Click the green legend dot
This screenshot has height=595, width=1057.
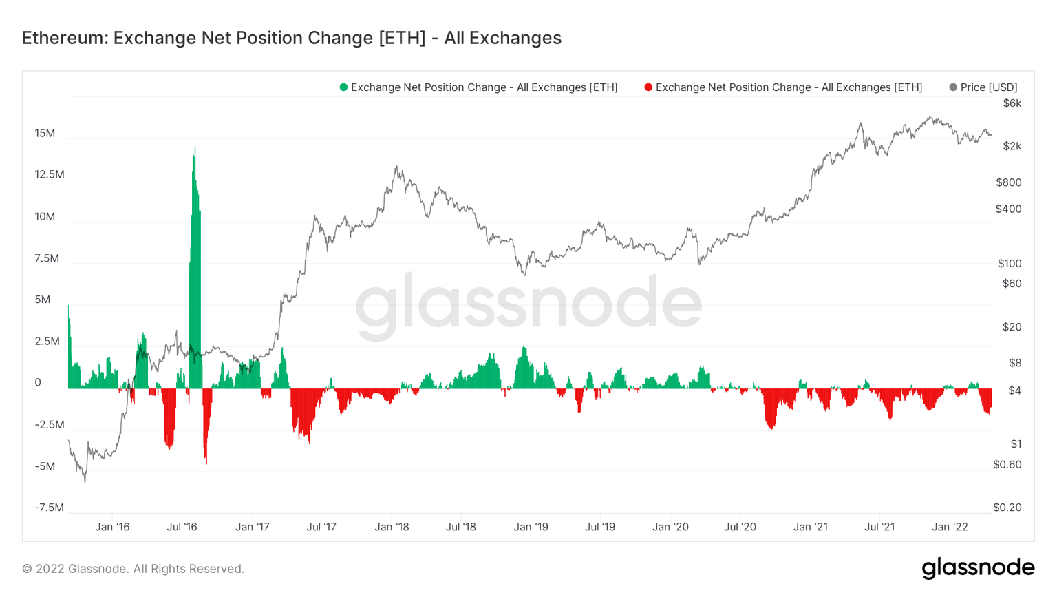343,87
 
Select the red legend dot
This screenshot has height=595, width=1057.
648,87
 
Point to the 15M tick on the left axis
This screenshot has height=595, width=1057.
45,133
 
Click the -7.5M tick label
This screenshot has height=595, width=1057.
49,508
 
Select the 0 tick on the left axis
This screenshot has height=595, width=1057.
38,383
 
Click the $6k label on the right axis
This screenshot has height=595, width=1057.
1012,103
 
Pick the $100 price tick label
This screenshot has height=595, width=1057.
1010,263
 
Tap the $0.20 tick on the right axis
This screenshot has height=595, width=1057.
1007,508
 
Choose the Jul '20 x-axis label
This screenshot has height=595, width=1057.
740,527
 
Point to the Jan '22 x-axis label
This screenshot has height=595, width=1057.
950,527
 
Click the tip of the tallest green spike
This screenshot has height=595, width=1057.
195,148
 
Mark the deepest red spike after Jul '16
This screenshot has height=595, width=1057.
206,463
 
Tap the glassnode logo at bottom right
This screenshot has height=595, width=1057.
978,568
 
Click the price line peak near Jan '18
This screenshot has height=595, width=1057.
396,167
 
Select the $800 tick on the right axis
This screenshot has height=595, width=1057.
1009,182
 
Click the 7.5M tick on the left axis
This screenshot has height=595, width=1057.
46,258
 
